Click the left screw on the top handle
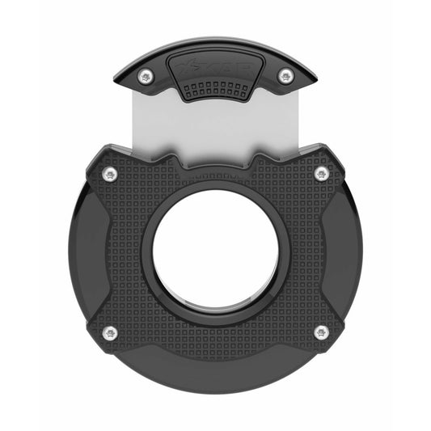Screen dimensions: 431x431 pyautogui.click(x=146, y=77)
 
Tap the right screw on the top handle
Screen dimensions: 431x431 pyautogui.click(x=285, y=77)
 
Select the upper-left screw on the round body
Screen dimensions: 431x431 pyautogui.click(x=110, y=174)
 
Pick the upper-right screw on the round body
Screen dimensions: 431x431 pyautogui.click(x=321, y=174)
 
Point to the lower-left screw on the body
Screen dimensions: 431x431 pyautogui.click(x=110, y=332)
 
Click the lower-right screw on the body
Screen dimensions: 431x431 pyautogui.click(x=321, y=332)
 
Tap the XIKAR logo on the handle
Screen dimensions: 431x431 pyautogui.click(x=214, y=64)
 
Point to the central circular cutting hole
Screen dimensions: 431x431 pyautogui.click(x=216, y=251)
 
